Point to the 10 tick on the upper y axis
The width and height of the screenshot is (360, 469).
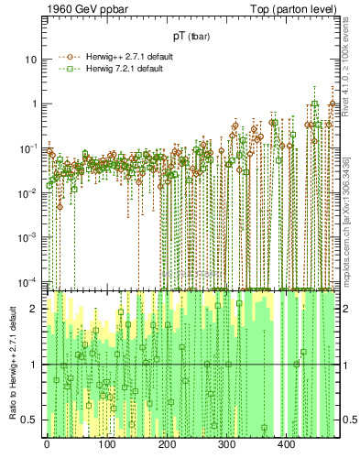pos(32,59)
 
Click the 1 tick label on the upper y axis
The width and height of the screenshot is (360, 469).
pos(35,104)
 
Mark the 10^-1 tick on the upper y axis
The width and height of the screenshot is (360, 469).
pos(29,147)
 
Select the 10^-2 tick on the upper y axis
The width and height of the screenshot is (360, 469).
pos(29,191)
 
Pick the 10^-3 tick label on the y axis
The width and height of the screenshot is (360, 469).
pos(29,235)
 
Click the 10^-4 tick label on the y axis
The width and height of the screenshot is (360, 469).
pos(29,279)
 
